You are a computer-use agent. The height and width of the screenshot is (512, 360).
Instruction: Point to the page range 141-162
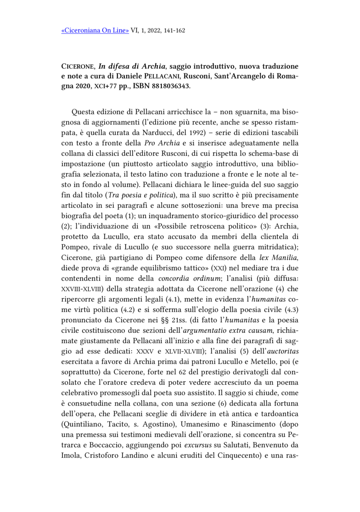coord(173,31)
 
